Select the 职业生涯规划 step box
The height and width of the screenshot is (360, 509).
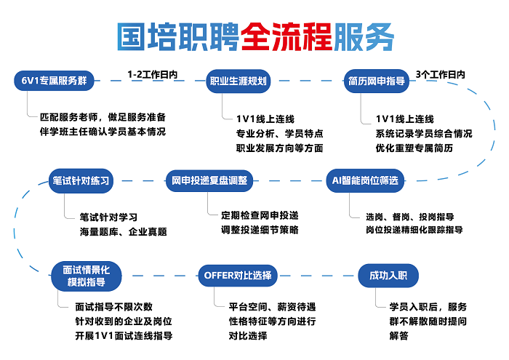[x=239, y=81]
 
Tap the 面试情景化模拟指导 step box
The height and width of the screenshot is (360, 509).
[x=87, y=276]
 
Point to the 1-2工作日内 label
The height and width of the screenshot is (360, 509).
[x=152, y=74]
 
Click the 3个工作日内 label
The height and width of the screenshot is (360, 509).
[x=441, y=74]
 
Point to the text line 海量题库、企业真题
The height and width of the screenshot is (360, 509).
[x=124, y=232]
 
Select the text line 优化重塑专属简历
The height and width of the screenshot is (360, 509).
[x=414, y=148]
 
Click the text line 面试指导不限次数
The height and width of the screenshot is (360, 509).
[x=114, y=306]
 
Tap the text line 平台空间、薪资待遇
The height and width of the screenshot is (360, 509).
[x=272, y=306]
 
